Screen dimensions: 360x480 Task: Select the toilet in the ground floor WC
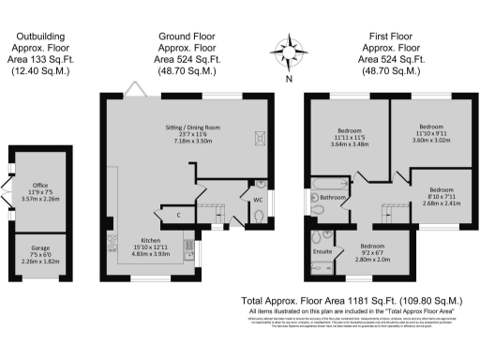click(259, 217)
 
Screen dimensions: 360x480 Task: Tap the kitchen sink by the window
click(195, 251)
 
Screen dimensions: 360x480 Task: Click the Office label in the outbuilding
click(39, 186)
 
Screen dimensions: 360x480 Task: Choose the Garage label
click(39, 247)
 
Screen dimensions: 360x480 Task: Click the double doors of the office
click(7, 198)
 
